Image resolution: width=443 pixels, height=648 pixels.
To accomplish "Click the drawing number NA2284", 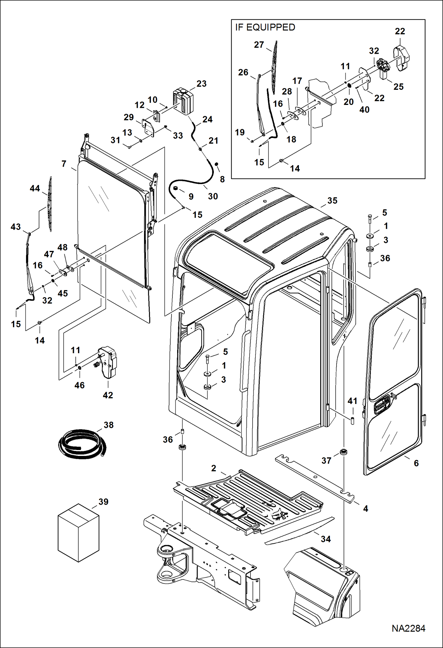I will tap(408, 628).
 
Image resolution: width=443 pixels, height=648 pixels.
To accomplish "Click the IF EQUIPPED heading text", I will tap(265, 27).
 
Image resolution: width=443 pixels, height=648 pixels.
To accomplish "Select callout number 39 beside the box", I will tap(103, 502).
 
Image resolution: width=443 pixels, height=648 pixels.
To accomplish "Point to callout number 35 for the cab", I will tap(332, 201).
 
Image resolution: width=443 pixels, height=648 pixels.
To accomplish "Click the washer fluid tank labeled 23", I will tap(183, 100).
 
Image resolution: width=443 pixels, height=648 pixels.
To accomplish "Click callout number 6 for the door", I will tap(416, 463).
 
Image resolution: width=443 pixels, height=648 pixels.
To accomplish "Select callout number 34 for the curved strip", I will tap(326, 539).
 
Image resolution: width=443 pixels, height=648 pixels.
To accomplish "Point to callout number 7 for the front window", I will tap(64, 164).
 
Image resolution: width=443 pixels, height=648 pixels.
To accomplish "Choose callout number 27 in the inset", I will tap(259, 45).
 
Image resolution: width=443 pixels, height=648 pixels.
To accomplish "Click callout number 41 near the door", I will tap(352, 401).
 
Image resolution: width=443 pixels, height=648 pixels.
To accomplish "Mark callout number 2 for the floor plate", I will tap(214, 468).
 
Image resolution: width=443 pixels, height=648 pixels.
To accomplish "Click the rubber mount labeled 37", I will tap(344, 452).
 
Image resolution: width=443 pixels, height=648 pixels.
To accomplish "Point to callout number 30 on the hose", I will tap(213, 196).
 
